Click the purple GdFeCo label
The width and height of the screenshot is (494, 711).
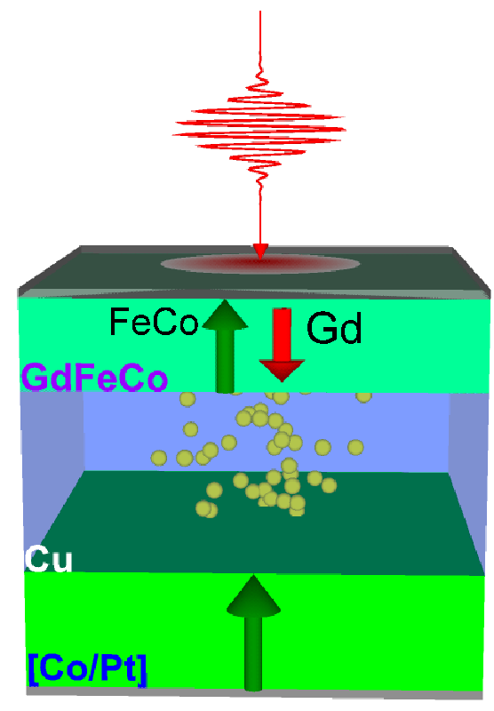coord(95,379)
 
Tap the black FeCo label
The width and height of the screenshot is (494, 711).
coord(154,322)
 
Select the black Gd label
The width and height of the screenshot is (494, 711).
coord(334,327)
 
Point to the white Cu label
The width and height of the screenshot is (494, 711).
coord(49,559)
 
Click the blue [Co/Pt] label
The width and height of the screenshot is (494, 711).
coord(87,669)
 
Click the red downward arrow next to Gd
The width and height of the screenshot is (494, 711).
coord(282,345)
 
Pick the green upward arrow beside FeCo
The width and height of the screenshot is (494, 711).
coord(225,347)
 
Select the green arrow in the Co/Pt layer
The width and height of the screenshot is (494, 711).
coord(253,633)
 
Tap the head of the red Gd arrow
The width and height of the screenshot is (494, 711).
coord(282,371)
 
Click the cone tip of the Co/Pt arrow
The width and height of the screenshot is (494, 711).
coord(253,576)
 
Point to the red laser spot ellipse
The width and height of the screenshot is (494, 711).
coord(260,264)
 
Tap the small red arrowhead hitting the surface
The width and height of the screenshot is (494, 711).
coord(260,251)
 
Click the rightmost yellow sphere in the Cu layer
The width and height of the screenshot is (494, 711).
coord(363,396)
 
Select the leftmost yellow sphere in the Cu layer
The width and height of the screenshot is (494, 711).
coord(159,458)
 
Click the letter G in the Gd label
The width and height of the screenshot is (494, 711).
coord(322,327)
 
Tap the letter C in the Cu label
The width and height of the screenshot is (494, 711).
coord(36,559)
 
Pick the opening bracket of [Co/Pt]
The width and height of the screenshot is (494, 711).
coord(32,670)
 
